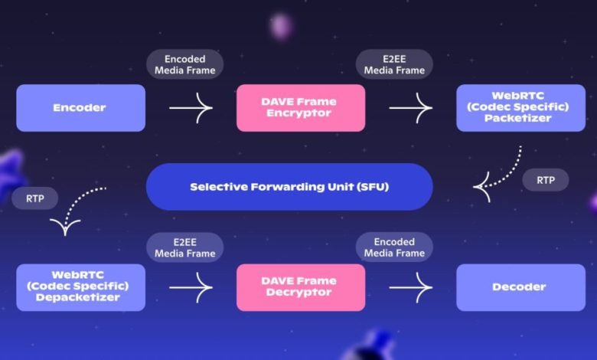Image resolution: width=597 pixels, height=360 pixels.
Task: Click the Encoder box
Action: click(80, 108)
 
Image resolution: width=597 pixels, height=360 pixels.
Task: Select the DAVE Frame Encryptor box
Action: click(301, 108)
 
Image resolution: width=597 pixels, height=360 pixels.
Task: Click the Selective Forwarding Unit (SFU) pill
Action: click(289, 186)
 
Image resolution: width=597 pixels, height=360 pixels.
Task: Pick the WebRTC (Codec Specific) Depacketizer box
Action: click(80, 287)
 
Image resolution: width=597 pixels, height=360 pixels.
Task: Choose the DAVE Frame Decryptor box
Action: click(301, 287)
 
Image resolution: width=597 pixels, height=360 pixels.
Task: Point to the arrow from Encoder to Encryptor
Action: click(191, 108)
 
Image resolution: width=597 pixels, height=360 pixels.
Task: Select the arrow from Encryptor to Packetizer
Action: click(411, 108)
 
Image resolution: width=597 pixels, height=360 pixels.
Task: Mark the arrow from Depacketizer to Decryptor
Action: click(191, 287)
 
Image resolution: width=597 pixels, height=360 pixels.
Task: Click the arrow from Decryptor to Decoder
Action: click(411, 287)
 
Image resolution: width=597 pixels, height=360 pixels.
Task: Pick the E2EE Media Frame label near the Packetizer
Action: click(394, 64)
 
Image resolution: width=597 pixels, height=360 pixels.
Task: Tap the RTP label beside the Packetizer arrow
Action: click(546, 180)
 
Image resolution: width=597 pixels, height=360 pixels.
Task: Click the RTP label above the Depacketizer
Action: click(34, 198)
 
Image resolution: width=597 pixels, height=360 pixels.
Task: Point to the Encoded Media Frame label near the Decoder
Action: click(394, 247)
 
